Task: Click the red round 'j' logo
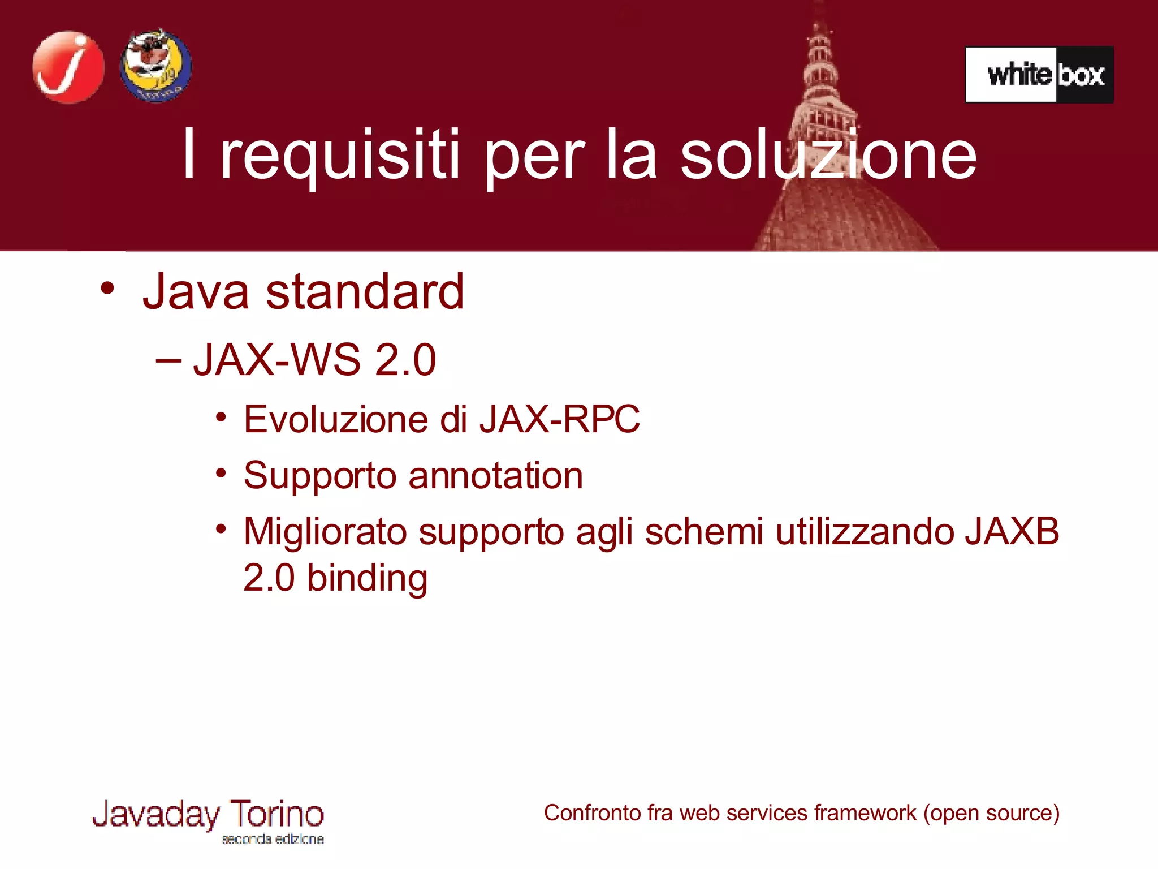pos(68,67)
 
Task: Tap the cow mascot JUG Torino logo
pos(155,66)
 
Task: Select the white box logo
pos(1039,75)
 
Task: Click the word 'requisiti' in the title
pos(339,156)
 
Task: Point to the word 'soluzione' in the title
pos(828,156)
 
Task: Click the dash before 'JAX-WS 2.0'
pos(168,360)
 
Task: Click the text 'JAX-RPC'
pos(560,419)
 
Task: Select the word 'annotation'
pos(495,475)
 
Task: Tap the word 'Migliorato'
pos(325,532)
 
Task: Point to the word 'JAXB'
pos(1012,532)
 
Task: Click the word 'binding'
pos(367,578)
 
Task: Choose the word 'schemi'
pos(704,532)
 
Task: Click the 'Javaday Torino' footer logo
pos(208,819)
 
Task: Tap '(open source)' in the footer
pos(991,813)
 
